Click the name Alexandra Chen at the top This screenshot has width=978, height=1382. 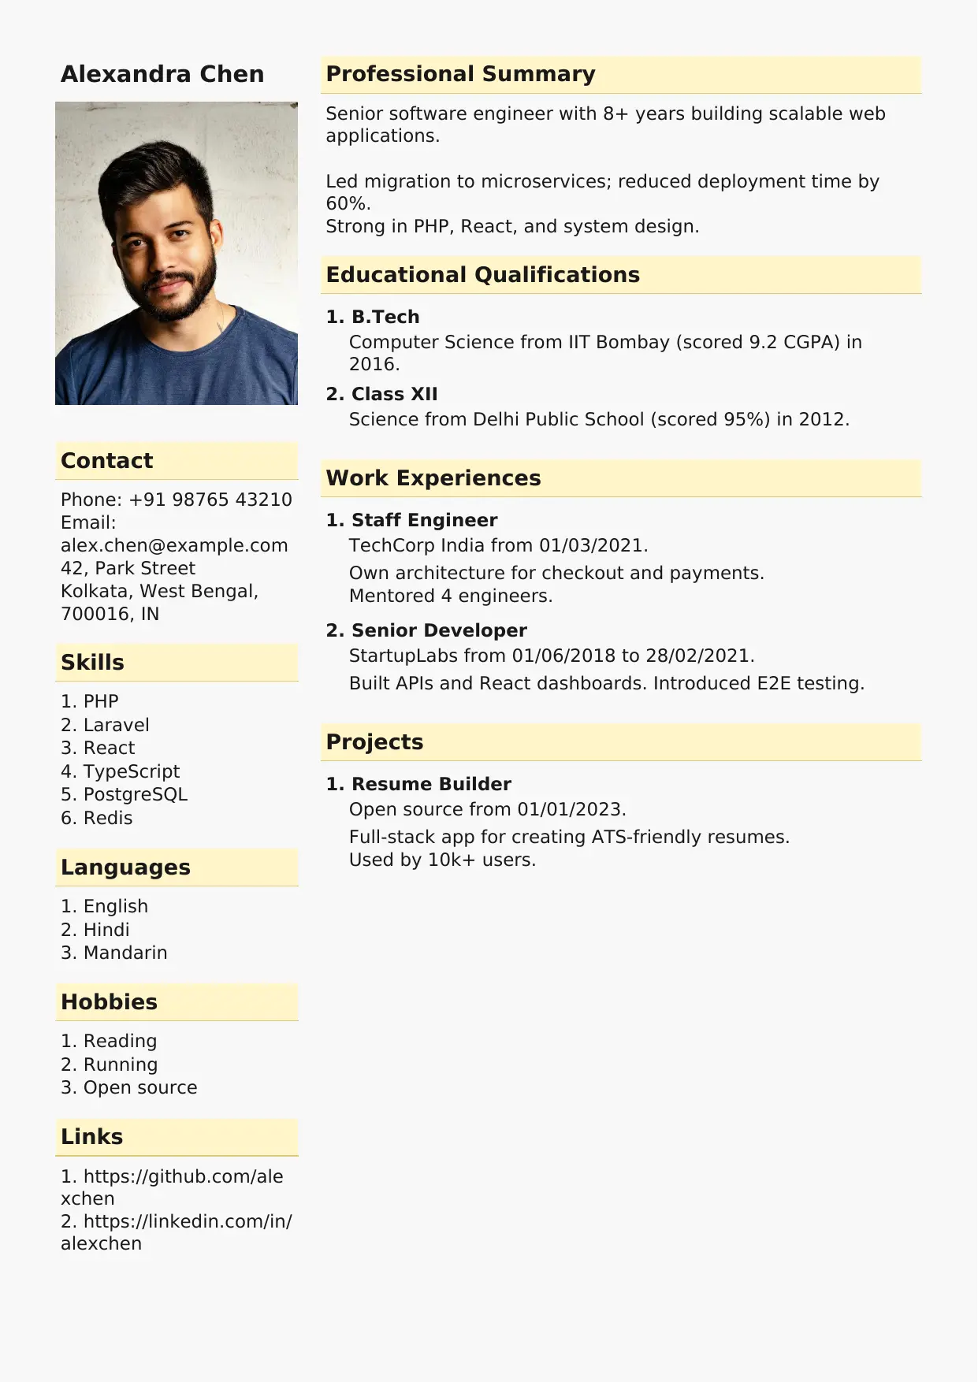tap(162, 74)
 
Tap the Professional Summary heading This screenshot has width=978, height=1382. tap(460, 74)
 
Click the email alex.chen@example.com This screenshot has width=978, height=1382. tap(174, 545)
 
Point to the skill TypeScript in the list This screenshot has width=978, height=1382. tap(131, 771)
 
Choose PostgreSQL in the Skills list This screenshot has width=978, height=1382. tap(135, 794)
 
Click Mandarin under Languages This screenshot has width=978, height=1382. tap(125, 953)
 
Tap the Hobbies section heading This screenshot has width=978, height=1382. tap(109, 1002)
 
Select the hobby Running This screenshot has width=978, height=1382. tap(120, 1064)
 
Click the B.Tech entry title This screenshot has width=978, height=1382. tap(385, 317)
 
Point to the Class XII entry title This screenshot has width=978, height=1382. tap(394, 394)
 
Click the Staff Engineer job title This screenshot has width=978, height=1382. tap(424, 520)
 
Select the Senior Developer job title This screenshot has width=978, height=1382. tap(439, 630)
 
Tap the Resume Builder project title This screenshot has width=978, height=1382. tap(431, 784)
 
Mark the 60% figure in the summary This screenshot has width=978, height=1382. tap(346, 204)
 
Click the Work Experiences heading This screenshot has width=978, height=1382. tap(433, 478)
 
